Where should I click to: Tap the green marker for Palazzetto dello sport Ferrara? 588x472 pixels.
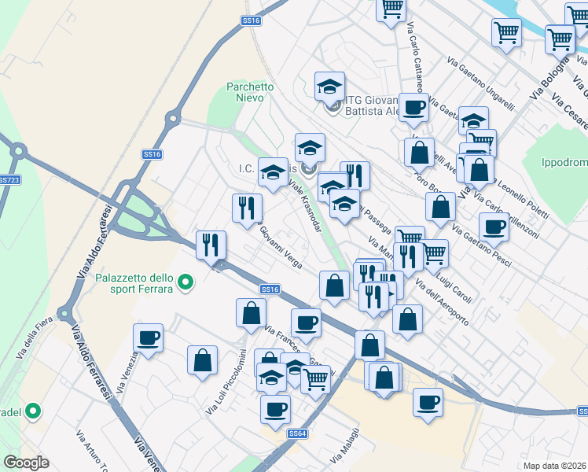[x=186, y=281]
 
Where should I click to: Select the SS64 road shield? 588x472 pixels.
[x=296, y=433]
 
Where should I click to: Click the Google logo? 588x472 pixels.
[x=26, y=463]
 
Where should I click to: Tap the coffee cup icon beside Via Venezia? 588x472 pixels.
[x=148, y=338]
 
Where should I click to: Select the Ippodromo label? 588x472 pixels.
[x=564, y=163]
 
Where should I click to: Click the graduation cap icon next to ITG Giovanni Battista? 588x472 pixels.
[x=330, y=87]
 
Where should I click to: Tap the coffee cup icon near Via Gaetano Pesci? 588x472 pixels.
[x=494, y=227]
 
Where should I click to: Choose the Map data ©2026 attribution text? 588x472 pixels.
[x=556, y=466]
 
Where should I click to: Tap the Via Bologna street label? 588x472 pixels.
[x=547, y=77]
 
